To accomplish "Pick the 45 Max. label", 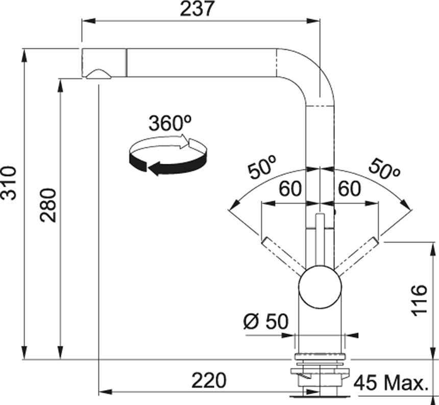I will tap(390, 382).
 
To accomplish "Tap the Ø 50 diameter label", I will tap(265, 322).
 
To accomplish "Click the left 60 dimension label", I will tap(289, 189).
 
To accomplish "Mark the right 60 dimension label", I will tap(349, 189).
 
